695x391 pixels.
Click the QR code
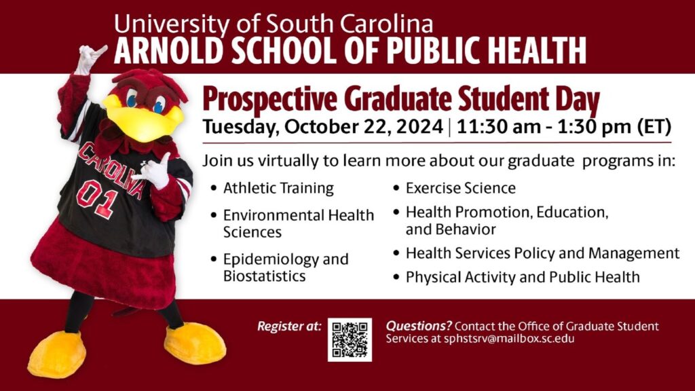click(x=350, y=339)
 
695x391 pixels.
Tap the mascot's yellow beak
click(x=144, y=119)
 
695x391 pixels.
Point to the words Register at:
click(x=289, y=327)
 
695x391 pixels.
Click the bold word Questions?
click(x=419, y=326)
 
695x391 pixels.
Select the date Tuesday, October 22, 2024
click(x=323, y=127)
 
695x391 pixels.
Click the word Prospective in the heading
click(x=269, y=100)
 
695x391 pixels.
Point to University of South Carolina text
click(x=274, y=24)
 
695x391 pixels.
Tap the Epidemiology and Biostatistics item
click(x=286, y=267)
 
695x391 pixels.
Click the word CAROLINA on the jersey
click(x=111, y=170)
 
